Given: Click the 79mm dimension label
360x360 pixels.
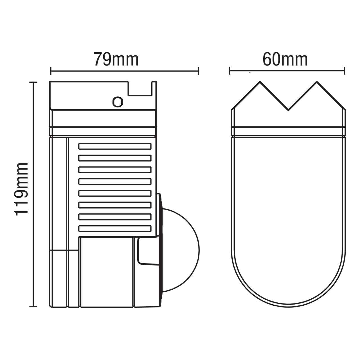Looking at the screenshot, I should pyautogui.click(x=116, y=59).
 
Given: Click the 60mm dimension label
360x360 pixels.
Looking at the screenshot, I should pyautogui.click(x=285, y=59).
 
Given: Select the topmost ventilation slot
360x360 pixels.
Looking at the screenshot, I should pyautogui.click(x=115, y=146).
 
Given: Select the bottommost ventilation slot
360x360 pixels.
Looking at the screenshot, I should pyautogui.click(x=115, y=229).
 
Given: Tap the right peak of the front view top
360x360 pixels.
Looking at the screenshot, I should pyautogui.click(x=317, y=82).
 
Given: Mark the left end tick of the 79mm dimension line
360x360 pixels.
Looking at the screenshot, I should pyautogui.click(x=51, y=71).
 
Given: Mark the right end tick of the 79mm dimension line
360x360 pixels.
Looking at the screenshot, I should pyautogui.click(x=199, y=71).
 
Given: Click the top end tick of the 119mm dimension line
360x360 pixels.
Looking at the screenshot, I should pyautogui.click(x=33, y=82).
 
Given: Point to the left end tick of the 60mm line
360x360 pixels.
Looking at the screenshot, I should pyautogui.click(x=230, y=71).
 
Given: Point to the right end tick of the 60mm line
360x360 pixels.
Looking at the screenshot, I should pyautogui.click(x=345, y=71).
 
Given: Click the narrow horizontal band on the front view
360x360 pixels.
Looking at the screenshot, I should pyautogui.click(x=288, y=131).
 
